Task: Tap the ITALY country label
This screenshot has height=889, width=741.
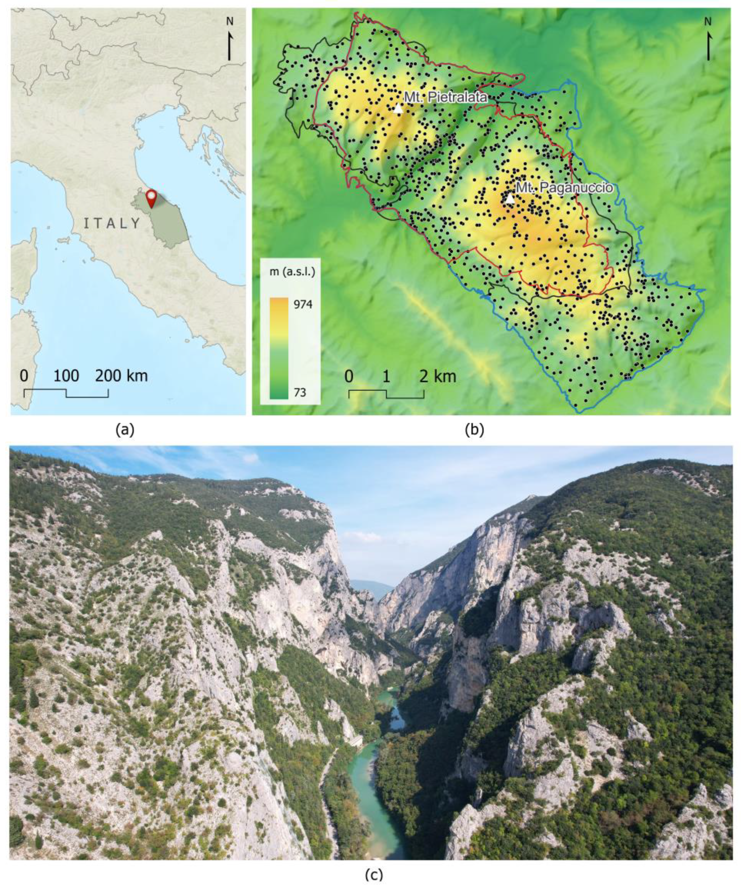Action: [112, 223]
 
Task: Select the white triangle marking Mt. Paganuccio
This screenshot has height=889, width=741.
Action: [510, 199]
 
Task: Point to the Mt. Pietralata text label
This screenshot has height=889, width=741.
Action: [445, 97]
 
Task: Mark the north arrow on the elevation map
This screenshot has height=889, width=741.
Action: [708, 40]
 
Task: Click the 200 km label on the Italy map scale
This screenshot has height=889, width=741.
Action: [121, 376]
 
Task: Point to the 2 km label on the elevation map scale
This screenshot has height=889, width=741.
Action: [439, 376]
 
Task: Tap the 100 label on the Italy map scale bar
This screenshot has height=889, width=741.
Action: [66, 376]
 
